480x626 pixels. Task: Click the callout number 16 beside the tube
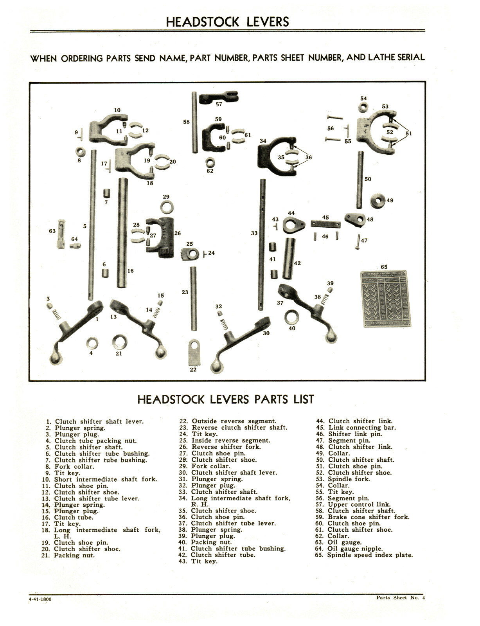click(x=130, y=270)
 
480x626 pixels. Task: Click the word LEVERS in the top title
click(x=268, y=22)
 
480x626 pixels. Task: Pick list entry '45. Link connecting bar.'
click(x=356, y=428)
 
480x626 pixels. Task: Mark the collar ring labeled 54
click(x=363, y=106)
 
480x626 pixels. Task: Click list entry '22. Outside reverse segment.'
click(x=228, y=421)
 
